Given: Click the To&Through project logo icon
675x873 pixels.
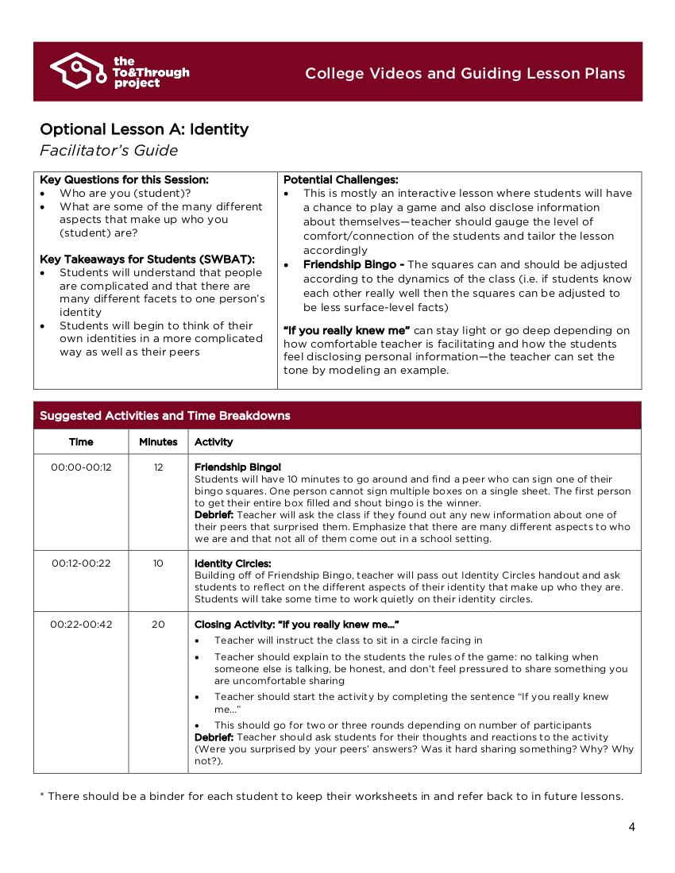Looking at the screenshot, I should coord(78,71).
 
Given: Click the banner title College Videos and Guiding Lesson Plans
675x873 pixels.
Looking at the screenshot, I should coord(465,74).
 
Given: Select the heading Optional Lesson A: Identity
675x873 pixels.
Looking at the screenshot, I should coord(144,129).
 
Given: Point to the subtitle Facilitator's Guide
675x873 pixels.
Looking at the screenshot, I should coord(109,151).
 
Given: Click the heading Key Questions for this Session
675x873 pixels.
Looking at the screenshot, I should coord(124,180).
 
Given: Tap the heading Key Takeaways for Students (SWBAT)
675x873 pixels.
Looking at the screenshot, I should coord(147,260).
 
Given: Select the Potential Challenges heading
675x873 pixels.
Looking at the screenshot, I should coord(341,180).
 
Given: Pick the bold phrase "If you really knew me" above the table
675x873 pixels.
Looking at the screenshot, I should coord(346,330).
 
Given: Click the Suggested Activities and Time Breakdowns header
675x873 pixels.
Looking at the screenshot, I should coord(165,416).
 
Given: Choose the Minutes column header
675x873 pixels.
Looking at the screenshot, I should coord(158,442).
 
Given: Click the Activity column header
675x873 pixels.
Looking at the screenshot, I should coord(214,442).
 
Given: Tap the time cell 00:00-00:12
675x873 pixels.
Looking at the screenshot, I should coord(81,467).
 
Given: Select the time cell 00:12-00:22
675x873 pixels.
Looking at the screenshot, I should coord(81,563).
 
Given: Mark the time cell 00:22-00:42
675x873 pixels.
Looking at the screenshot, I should coord(81,625).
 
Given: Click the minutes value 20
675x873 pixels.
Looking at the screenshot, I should coord(158,625).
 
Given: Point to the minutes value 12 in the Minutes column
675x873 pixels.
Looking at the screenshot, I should coord(158,467).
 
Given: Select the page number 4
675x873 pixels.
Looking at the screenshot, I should coord(631,827).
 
